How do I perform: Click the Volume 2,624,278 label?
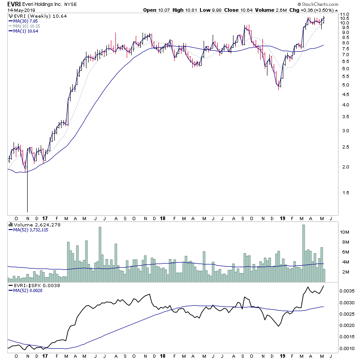coord(32,225)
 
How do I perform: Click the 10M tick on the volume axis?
coord(345,232)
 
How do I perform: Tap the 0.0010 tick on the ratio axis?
coord(347,348)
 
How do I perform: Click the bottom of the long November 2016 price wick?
coord(28,211)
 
